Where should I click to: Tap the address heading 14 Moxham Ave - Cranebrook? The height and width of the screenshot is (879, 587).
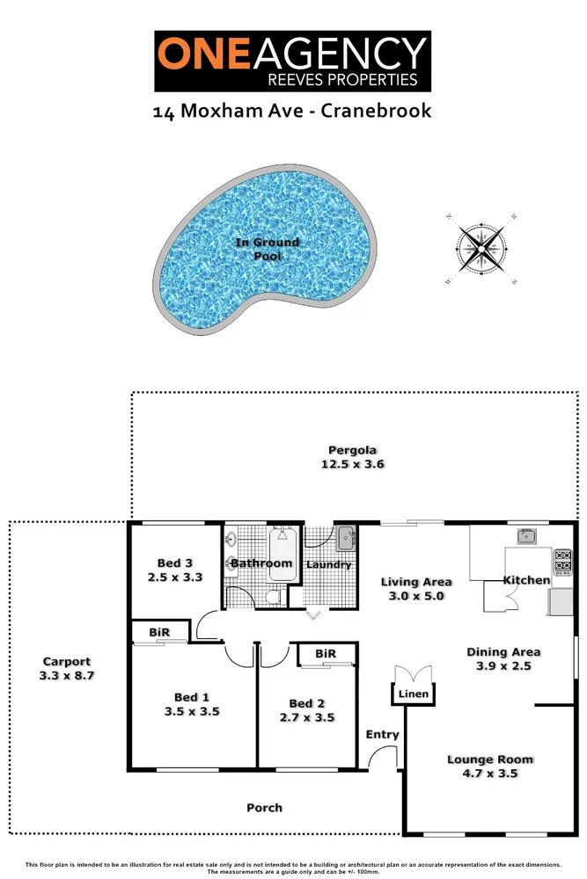pyautogui.click(x=292, y=112)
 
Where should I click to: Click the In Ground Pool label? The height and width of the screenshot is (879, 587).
pyautogui.click(x=267, y=249)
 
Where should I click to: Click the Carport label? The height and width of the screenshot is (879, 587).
pyautogui.click(x=67, y=662)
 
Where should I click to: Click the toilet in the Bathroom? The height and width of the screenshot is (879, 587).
pyautogui.click(x=274, y=597)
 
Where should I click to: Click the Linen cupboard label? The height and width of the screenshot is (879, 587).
pyautogui.click(x=415, y=694)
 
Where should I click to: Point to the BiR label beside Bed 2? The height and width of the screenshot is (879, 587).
pyautogui.click(x=325, y=654)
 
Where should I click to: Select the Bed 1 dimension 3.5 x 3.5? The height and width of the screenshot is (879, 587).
pyautogui.click(x=192, y=711)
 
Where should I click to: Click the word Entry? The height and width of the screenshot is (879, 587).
pyautogui.click(x=382, y=734)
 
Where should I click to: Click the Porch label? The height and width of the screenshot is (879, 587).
pyautogui.click(x=264, y=807)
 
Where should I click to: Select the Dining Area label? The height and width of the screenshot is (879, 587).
pyautogui.click(x=503, y=652)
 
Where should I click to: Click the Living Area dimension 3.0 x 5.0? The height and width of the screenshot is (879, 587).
pyautogui.click(x=416, y=596)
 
